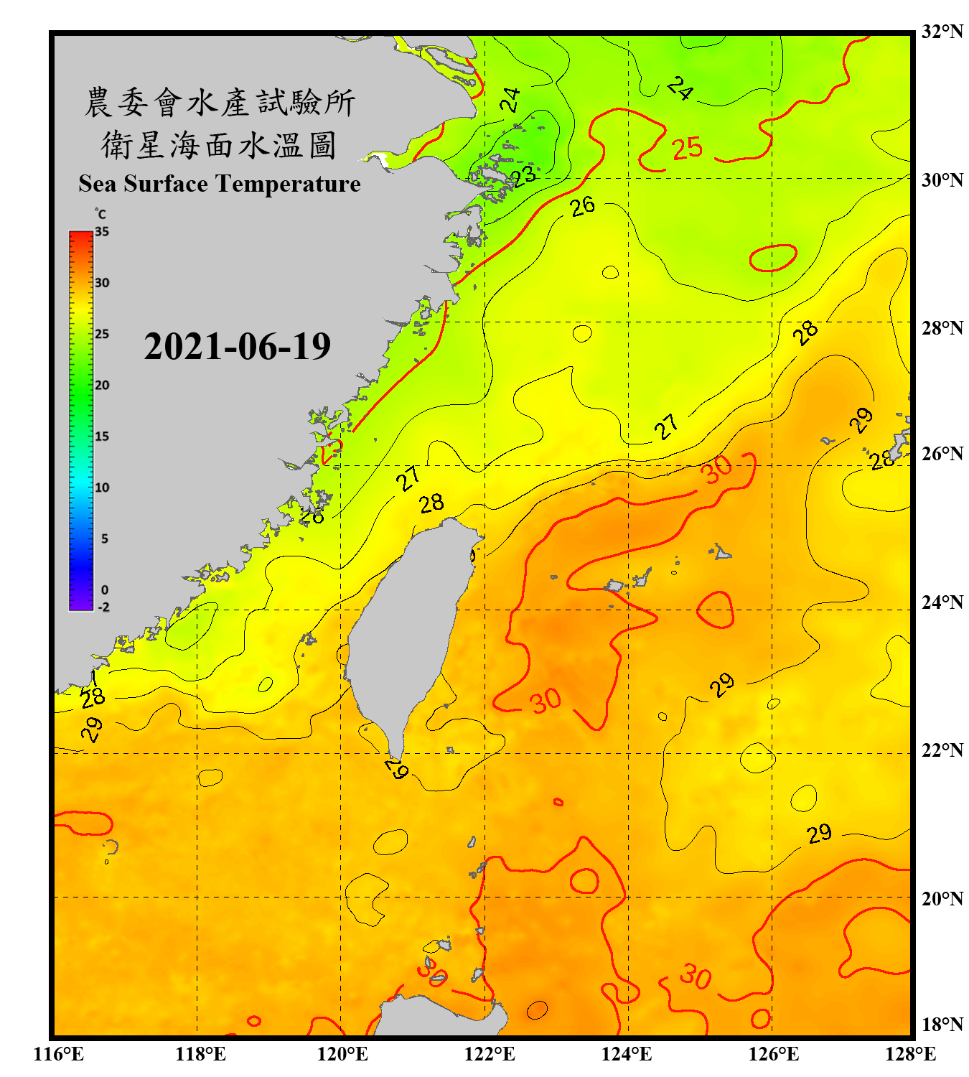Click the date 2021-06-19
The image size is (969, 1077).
coord(237,347)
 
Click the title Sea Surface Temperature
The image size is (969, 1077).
coord(220,184)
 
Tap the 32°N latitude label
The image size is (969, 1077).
coord(942,32)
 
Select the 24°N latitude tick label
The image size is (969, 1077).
coord(942,602)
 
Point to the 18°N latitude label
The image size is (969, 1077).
coord(942,1025)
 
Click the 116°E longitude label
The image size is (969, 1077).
coord(58,1054)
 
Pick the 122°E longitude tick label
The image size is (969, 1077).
coord(490,1054)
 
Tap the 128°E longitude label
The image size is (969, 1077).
coord(910,1054)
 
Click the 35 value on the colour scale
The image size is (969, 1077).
coord(102,232)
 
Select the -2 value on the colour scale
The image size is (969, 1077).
coord(103,607)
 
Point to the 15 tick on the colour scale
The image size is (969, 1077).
coord(102,437)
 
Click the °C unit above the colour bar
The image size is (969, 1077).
coord(100,214)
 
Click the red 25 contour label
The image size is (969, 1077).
coord(687,148)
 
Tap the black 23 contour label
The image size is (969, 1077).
coord(523,175)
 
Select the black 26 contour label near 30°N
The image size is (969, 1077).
coord(583,206)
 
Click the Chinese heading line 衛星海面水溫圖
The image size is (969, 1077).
coord(219,145)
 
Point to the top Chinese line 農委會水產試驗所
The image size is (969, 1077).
coord(220,103)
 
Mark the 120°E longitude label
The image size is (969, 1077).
coord(342,1054)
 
